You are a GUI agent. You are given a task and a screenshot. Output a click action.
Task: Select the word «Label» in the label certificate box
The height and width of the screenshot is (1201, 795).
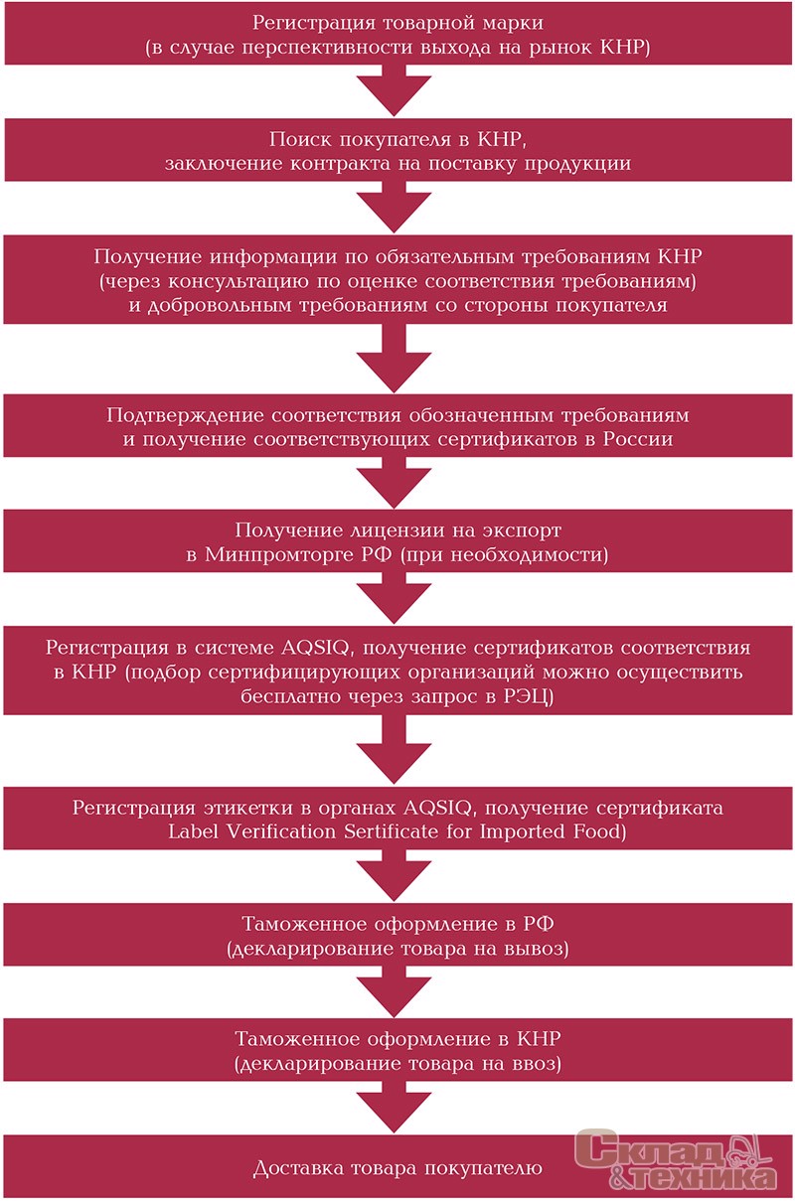coord(193,831)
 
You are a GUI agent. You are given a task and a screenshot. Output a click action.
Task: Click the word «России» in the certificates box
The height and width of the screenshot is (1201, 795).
coord(638,439)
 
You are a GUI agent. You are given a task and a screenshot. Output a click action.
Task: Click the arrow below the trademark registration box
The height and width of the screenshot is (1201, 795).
coord(395,90)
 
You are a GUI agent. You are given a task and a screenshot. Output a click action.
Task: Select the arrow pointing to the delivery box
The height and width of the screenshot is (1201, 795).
coord(395,1107)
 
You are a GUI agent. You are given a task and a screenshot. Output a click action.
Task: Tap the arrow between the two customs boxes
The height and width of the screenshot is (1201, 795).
coord(395,992)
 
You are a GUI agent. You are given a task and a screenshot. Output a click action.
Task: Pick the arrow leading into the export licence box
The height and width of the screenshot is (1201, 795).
coord(395,483)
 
